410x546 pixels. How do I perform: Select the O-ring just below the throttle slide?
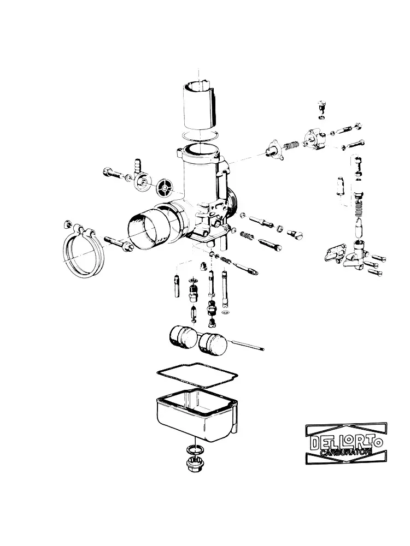[200, 136]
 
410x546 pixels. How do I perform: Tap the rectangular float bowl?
[197, 414]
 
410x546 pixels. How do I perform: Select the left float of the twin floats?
[183, 336]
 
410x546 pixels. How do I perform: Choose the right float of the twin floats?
[212, 343]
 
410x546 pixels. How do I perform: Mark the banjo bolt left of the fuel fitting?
[112, 173]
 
